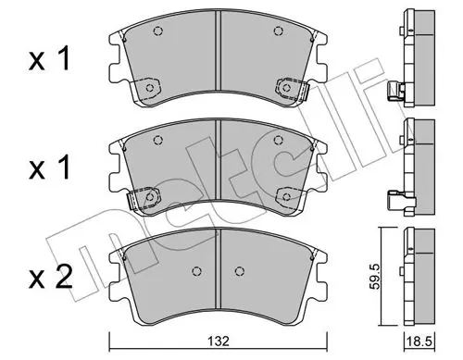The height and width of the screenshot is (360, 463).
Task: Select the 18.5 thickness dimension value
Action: tap(419, 342)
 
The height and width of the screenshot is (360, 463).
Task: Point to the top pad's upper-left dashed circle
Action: tap(158, 31)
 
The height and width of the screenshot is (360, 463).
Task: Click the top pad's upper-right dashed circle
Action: tap(279, 31)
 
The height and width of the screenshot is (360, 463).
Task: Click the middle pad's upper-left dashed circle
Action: tap(158, 140)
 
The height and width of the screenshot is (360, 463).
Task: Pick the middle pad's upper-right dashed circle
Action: tap(279, 140)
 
